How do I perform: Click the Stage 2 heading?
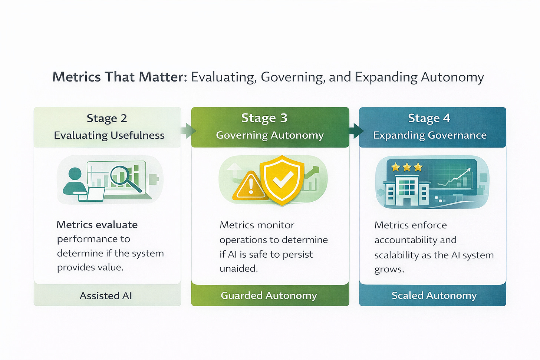107,118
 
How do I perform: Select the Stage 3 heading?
264,118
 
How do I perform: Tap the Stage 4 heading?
429,118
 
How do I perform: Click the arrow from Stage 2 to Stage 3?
188,131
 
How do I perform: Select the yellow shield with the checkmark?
282,179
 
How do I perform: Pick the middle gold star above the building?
407,167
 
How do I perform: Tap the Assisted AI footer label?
106,295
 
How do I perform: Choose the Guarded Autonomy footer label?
269,295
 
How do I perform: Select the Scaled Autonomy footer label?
434,295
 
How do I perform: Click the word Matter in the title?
162,77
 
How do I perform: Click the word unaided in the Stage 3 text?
238,268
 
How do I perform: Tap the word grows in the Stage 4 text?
388,270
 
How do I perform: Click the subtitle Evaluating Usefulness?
109,135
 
